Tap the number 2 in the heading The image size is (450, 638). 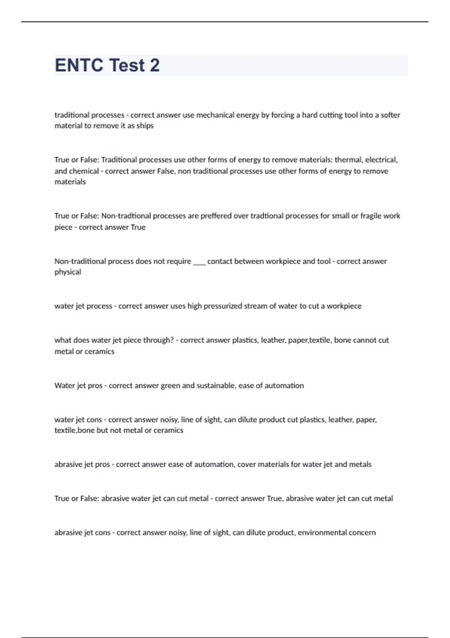(154, 65)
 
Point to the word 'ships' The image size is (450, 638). (145, 126)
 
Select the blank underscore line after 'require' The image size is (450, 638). (199, 262)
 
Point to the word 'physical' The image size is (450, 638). (68, 272)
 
